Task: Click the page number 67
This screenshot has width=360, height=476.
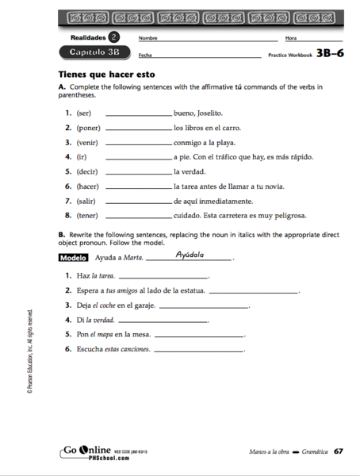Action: tap(338, 451)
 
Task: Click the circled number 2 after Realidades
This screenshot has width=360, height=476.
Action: tap(114, 36)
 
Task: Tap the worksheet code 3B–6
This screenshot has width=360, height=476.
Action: tap(330, 53)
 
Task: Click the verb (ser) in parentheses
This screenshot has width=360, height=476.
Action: tap(84, 113)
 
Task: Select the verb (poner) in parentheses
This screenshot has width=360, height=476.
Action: tap(88, 128)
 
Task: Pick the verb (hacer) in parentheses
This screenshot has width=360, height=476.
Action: tap(88, 186)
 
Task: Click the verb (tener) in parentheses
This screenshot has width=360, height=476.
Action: tap(88, 215)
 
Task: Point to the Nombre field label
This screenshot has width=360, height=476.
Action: tap(147, 38)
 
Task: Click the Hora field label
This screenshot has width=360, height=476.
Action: tap(291, 38)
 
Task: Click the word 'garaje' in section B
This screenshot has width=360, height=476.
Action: tap(144, 305)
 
